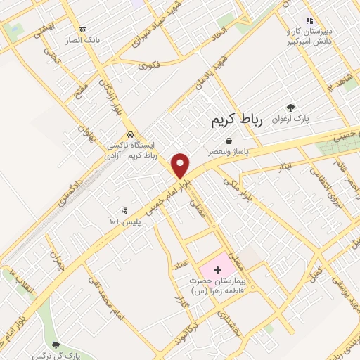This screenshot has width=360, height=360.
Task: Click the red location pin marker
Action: (181, 165)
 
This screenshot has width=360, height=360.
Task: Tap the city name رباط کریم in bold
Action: (236, 120)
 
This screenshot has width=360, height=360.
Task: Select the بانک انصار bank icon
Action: (83, 30)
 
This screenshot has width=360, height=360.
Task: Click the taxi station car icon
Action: (130, 135)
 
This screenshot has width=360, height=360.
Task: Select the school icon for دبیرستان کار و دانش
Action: (307, 20)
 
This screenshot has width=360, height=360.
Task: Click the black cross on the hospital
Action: (217, 270)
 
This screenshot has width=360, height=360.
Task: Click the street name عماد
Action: (181, 265)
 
